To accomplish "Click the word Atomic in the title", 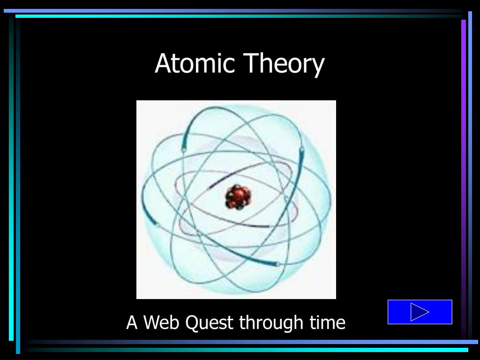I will click(x=195, y=64).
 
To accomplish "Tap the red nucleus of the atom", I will click(x=238, y=197).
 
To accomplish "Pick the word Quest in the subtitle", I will click(x=210, y=323).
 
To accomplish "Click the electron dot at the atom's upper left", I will click(x=184, y=150).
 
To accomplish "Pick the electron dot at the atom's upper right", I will click(x=301, y=150).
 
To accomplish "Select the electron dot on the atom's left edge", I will click(x=157, y=227).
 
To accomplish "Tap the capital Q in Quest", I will click(x=192, y=322).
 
